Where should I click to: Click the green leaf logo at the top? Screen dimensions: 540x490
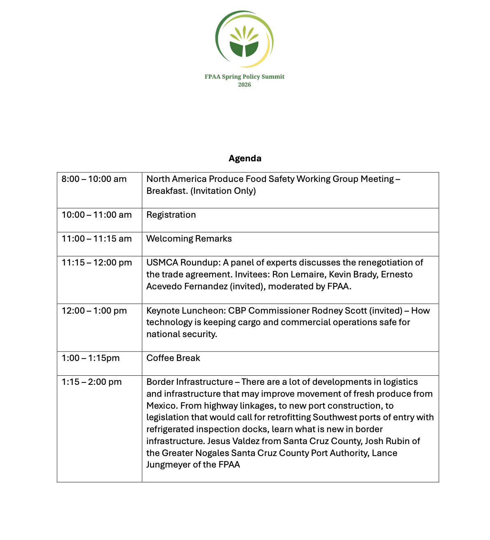pyautogui.click(x=244, y=40)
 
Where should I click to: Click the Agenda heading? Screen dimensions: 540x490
pyautogui.click(x=245, y=158)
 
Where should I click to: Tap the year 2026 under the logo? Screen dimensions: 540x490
pyautogui.click(x=244, y=85)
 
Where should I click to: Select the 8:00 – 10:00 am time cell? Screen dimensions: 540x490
pyautogui.click(x=94, y=179)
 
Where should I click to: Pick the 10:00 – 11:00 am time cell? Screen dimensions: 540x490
pyautogui.click(x=97, y=215)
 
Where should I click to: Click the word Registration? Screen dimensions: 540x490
pyautogui.click(x=171, y=215)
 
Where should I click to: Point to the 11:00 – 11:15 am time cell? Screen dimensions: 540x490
pyautogui.click(x=97, y=239)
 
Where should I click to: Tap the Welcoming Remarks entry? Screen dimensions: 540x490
pyautogui.click(x=189, y=239)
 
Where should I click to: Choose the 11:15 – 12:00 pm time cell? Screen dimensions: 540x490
pyautogui.click(x=97, y=263)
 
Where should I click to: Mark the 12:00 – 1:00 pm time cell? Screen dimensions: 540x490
pyautogui.click(x=94, y=311)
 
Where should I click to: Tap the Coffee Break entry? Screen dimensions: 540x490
pyautogui.click(x=173, y=358)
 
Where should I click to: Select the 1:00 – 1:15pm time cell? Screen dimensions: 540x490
pyautogui.click(x=90, y=358)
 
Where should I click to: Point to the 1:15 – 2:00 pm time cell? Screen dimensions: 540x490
pyautogui.click(x=92, y=382)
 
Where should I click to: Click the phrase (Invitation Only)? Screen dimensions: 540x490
pyautogui.click(x=223, y=191)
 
